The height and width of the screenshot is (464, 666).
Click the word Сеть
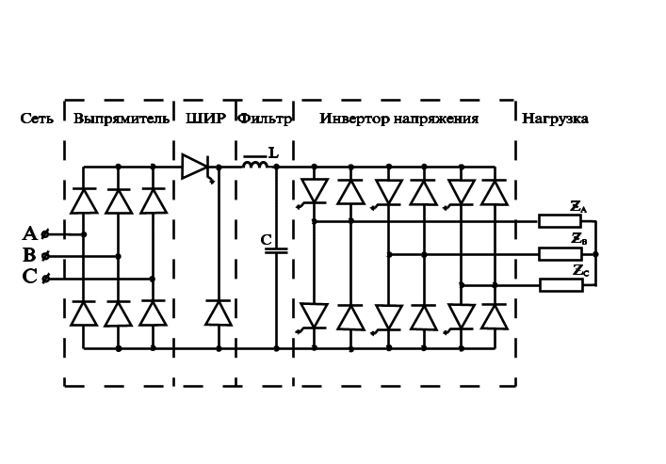(x=37, y=120)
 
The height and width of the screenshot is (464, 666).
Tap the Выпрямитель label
(x=121, y=120)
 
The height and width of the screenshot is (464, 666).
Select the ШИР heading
(x=205, y=120)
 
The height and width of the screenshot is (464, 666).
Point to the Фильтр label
(x=265, y=120)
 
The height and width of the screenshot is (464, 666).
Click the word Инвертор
(x=353, y=120)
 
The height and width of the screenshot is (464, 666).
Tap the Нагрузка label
(x=555, y=120)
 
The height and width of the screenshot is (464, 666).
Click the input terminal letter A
(x=29, y=234)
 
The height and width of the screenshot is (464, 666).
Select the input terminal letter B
(x=29, y=256)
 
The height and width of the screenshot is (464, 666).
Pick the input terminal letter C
(x=29, y=278)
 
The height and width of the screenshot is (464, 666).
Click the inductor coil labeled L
(x=254, y=165)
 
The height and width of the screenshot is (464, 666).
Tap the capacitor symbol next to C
(x=276, y=250)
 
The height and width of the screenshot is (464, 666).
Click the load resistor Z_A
(x=560, y=221)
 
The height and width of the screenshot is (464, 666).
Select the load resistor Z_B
(x=560, y=253)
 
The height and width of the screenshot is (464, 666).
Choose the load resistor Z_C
(x=560, y=284)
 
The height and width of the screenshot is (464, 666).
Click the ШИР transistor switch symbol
(x=195, y=167)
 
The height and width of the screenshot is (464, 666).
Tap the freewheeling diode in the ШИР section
(x=219, y=313)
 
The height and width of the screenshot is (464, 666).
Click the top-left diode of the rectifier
(x=84, y=201)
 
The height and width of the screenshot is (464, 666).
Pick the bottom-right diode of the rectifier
(x=153, y=313)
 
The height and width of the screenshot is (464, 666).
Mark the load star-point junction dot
(x=595, y=254)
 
